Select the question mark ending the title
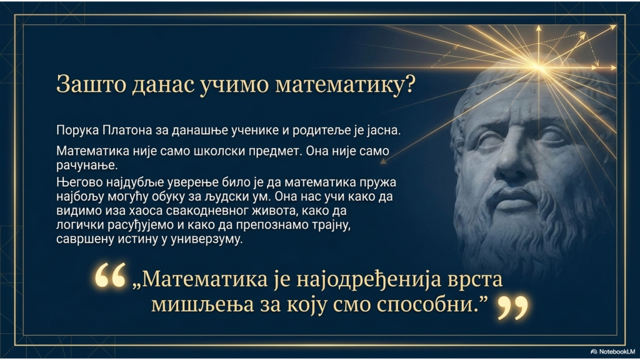(x=409, y=84)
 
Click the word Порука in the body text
(x=77, y=131)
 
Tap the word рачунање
(x=87, y=166)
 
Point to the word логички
(x=80, y=225)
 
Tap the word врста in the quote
(x=476, y=280)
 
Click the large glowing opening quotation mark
(x=110, y=275)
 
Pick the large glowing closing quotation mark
(x=513, y=307)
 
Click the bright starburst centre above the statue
(x=539, y=67)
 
